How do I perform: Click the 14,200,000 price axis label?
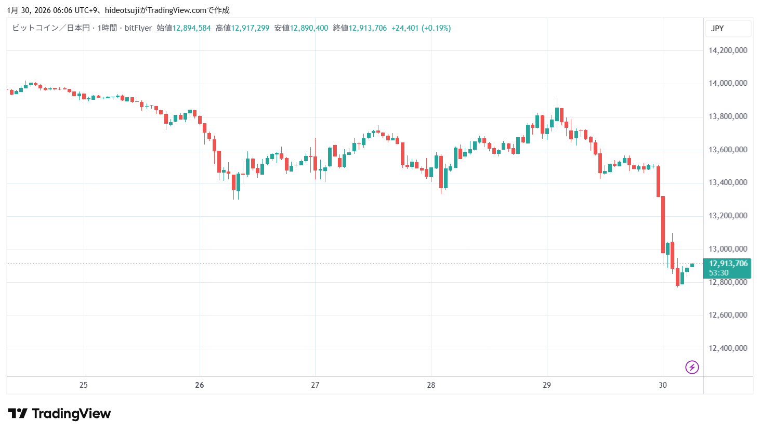728,50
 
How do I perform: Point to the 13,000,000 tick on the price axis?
728,249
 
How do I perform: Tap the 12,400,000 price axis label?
728,348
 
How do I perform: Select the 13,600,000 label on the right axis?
728,150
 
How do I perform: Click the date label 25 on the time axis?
84,385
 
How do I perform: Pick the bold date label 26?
200,385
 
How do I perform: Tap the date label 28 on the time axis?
431,385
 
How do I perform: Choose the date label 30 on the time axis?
662,385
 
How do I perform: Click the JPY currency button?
717,29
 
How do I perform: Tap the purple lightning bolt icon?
692,368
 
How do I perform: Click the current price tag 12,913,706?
728,264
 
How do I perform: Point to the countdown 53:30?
718,273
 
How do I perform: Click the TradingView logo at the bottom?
59,414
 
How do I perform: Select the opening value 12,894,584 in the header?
191,28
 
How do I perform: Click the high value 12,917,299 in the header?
250,28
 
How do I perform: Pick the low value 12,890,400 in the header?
309,28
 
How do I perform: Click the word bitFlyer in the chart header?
138,28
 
